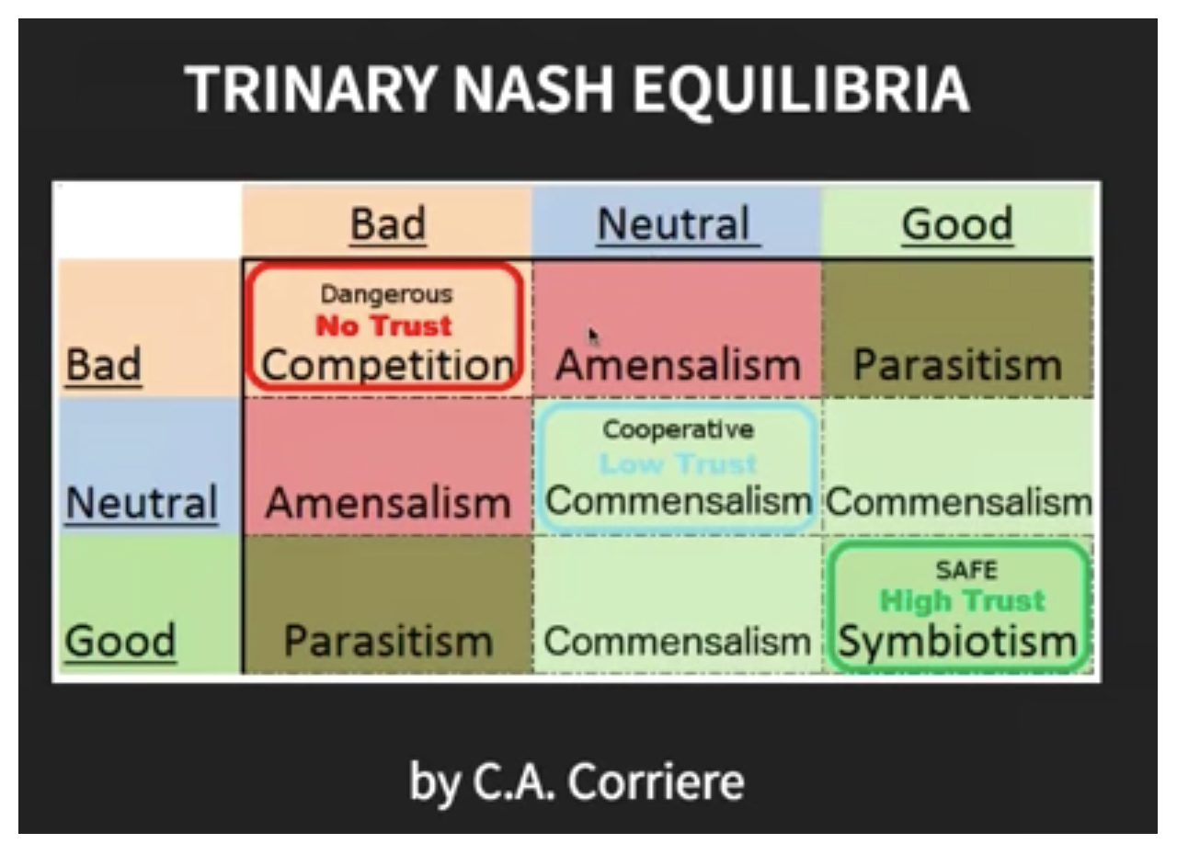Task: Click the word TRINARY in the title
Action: [x=312, y=89]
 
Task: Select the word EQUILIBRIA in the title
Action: [x=801, y=90]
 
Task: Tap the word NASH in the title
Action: [x=533, y=89]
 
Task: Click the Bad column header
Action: [x=388, y=223]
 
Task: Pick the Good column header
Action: [x=957, y=223]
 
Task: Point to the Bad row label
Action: [x=104, y=364]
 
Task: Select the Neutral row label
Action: [x=142, y=502]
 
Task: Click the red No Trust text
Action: [x=383, y=325]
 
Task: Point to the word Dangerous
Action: [x=387, y=294]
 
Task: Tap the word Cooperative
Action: [x=679, y=430]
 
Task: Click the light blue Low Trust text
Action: [x=678, y=463]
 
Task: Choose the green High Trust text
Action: [x=963, y=601]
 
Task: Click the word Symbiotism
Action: [x=958, y=643]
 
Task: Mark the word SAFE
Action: [x=966, y=570]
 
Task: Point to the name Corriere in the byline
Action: [x=656, y=782]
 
